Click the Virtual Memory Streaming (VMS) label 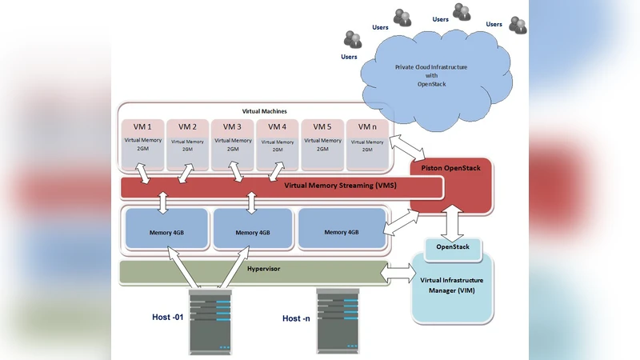click(340, 186)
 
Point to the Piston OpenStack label click(451, 169)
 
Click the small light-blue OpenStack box click(452, 248)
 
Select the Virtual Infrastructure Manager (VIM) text click(452, 284)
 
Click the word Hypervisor click(264, 270)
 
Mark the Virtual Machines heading click(264, 111)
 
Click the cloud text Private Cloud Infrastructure click(431, 67)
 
